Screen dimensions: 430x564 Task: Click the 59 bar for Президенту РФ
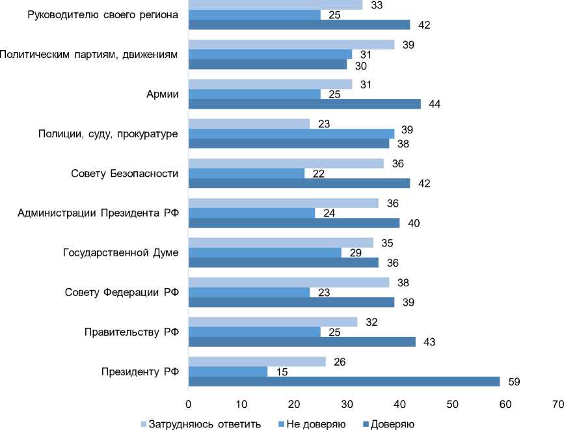(344, 381)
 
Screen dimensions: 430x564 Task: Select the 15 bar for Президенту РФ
(228, 371)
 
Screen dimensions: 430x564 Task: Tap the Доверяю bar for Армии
(304, 103)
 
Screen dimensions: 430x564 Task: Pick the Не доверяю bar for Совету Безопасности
(247, 172)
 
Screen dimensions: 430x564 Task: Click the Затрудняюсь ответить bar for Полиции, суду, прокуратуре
(249, 123)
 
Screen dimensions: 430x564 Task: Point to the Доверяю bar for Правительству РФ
(302, 342)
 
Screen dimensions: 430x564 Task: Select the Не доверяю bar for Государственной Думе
(265, 252)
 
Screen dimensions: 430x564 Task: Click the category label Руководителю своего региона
(103, 15)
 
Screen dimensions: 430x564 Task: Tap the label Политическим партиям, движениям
(89, 55)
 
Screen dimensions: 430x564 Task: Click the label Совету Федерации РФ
(122, 291)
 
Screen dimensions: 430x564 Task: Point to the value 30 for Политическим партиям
(360, 65)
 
